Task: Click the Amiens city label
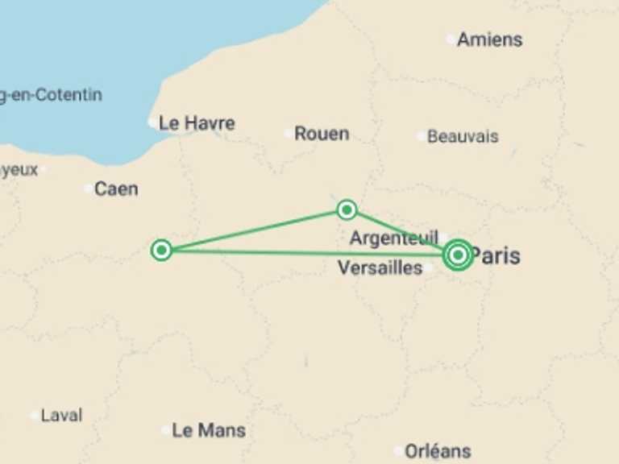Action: coord(489,39)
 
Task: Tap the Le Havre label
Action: coord(197,123)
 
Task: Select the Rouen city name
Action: coord(322,134)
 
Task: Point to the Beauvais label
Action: coord(463,136)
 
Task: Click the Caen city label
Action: coord(116,189)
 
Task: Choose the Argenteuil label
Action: coord(393,238)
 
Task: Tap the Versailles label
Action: coord(380,267)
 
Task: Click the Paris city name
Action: coord(495,256)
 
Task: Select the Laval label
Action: coord(61,416)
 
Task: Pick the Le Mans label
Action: coord(209,430)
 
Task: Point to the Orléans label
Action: coord(438,451)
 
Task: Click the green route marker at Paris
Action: coord(458,255)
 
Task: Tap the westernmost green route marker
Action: coord(161,250)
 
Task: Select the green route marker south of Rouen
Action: coord(347,209)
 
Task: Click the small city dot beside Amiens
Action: coord(451,39)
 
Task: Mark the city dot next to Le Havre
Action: coord(152,123)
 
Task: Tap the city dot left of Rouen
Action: coord(288,134)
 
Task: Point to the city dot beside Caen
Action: coord(88,189)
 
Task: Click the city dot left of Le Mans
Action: coord(166,430)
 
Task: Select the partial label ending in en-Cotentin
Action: coord(51,95)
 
